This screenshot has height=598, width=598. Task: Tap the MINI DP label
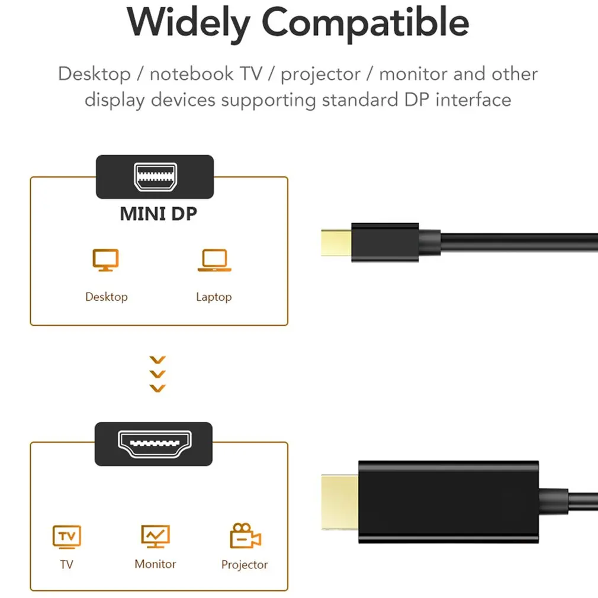coord(158,214)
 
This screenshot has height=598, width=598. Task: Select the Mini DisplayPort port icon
coord(155,176)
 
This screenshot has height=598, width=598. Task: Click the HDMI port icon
coord(155,444)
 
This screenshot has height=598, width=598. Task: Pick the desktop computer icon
coord(105,260)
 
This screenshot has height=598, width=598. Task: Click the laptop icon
coord(214,260)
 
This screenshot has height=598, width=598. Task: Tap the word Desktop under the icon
coord(107,297)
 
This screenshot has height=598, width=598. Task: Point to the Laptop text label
coord(214,297)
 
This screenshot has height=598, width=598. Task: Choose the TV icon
coord(67,537)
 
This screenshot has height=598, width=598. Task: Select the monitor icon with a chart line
coord(155,536)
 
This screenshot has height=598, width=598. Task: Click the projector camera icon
coord(245,535)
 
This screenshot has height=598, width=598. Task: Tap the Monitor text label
coord(155,564)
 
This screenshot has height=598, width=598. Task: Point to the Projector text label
coord(245,565)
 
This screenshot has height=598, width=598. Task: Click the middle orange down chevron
coord(157,374)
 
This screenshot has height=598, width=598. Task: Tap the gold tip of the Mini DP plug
coord(336,243)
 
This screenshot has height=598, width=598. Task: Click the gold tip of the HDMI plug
coord(339,502)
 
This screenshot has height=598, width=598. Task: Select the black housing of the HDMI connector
coord(449,502)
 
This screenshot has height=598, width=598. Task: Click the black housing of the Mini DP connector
coord(385,243)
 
